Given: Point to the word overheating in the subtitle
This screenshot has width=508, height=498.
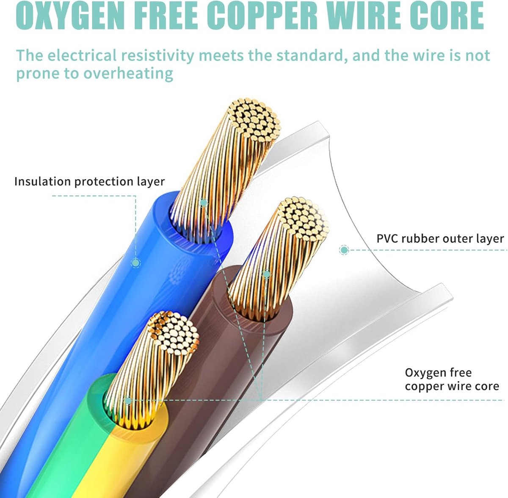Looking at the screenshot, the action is (x=128, y=73).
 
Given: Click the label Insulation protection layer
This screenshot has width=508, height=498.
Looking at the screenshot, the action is (x=89, y=182).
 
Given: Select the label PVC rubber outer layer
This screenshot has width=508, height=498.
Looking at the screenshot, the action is (x=440, y=239).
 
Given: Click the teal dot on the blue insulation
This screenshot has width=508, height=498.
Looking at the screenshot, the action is (x=135, y=263).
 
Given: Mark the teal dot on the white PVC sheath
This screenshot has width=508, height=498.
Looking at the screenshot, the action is (x=344, y=250).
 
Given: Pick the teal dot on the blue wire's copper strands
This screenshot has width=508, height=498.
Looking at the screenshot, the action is (x=203, y=202).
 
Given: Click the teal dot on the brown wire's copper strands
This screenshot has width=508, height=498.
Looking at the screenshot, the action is (x=267, y=274).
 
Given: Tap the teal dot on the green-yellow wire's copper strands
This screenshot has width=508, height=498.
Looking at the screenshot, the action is (x=128, y=401).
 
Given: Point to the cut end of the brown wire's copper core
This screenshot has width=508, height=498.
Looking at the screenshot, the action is (x=304, y=219).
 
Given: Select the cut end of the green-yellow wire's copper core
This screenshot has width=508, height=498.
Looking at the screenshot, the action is (x=173, y=334).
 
